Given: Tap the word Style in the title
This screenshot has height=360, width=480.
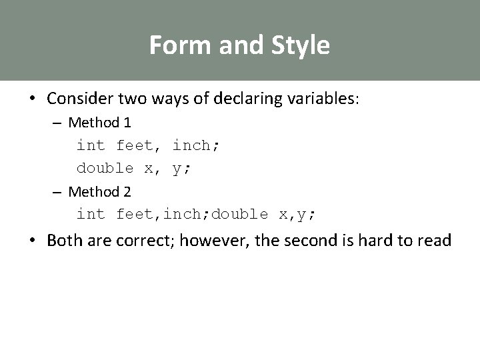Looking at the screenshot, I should (x=301, y=45).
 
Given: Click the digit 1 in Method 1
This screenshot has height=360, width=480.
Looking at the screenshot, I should (x=127, y=123).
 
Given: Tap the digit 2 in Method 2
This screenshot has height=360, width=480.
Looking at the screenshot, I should (x=127, y=192).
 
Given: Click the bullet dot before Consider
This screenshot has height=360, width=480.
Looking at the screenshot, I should (x=32, y=99).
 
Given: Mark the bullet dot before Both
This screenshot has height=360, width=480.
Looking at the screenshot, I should (x=32, y=241).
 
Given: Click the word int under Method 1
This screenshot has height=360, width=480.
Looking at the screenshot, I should (x=91, y=145).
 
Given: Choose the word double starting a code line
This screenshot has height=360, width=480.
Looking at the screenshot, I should (x=105, y=168).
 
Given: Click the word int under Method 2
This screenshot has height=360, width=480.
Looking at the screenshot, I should (x=91, y=214).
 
